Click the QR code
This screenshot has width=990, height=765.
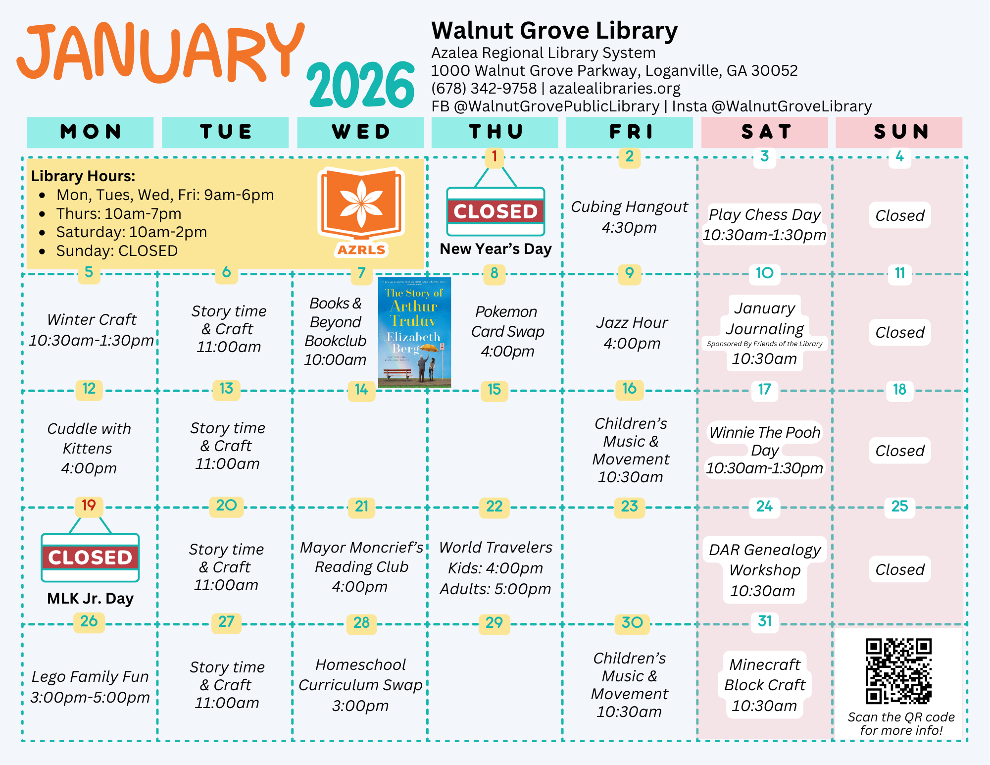[x=898, y=671]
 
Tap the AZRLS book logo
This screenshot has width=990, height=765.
[x=361, y=210]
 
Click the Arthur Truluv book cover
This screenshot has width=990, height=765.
[x=414, y=332]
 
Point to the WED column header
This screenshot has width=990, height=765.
[x=360, y=132]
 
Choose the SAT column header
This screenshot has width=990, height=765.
[x=765, y=132]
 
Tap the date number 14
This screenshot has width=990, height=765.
[x=361, y=390]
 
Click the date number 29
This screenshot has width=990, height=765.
[x=494, y=623]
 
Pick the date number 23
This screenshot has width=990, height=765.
[x=629, y=507]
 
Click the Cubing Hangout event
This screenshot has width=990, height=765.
[x=629, y=217]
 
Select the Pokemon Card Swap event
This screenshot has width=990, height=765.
[x=507, y=331]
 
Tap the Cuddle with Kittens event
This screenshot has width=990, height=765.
[x=89, y=448]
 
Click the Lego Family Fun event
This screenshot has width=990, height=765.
[x=90, y=687]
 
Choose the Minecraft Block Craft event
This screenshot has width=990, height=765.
[x=765, y=685]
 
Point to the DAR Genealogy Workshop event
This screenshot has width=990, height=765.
[x=765, y=570]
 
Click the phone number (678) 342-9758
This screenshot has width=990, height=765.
[x=484, y=89]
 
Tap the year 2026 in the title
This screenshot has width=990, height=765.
[x=361, y=85]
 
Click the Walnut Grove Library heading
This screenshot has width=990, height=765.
[x=554, y=31]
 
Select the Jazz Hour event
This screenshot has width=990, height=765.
[x=632, y=332]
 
